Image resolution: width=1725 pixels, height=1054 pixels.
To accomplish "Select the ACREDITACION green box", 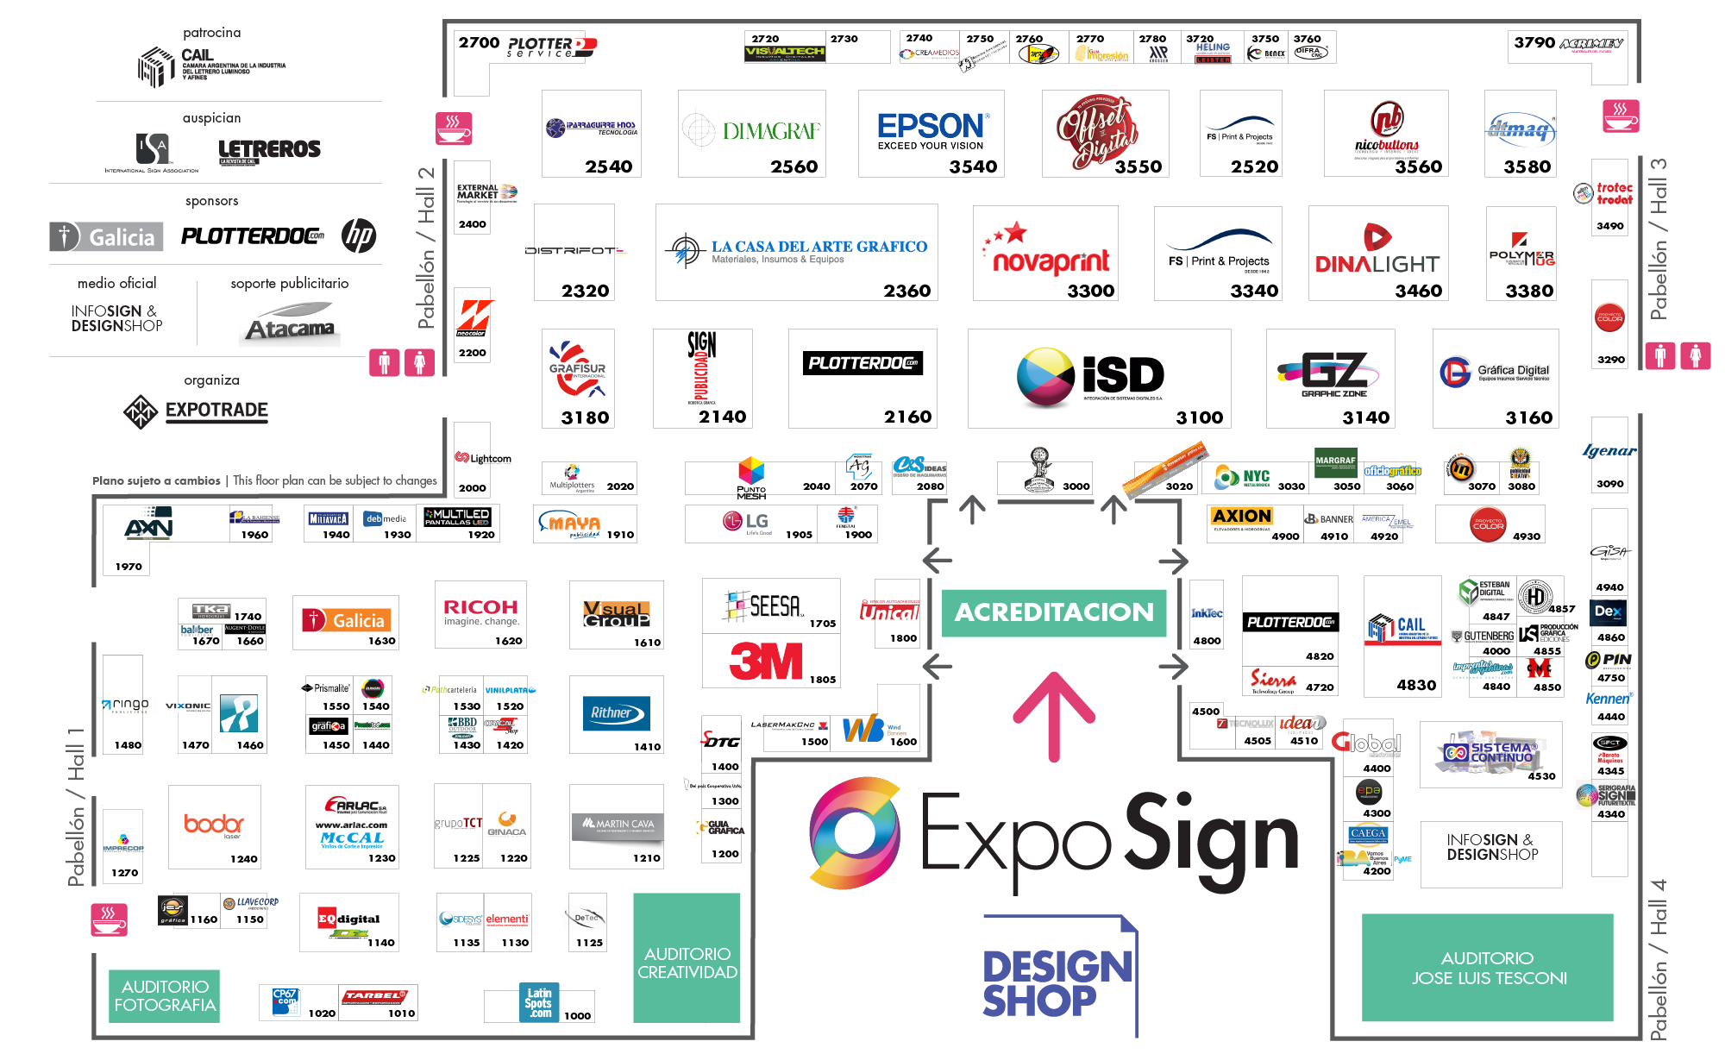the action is [1053, 612].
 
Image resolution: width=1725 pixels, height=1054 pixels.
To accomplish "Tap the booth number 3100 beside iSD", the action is [1199, 417].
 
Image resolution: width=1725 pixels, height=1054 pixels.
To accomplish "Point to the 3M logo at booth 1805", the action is [766, 662].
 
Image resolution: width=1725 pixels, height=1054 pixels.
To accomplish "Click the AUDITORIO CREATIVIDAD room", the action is [687, 962].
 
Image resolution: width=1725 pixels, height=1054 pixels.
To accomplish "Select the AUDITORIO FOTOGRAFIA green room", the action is [165, 995].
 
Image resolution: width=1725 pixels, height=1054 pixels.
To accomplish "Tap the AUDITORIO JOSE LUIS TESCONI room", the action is [1488, 968].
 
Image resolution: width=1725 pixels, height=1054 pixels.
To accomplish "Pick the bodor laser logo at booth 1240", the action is [214, 825].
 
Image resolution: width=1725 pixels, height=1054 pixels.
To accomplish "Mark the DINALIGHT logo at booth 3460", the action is [1377, 253].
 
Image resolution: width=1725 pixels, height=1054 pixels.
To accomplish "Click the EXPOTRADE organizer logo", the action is [197, 411].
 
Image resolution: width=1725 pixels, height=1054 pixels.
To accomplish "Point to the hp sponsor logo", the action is [359, 235].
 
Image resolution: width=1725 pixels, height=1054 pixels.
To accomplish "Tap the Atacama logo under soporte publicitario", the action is [290, 323].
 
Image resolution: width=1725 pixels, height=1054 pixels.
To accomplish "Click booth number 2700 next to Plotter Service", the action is [479, 42].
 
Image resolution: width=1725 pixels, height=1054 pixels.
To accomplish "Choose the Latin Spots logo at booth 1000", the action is [539, 1003].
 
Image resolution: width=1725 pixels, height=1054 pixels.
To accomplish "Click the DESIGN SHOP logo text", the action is [1057, 983].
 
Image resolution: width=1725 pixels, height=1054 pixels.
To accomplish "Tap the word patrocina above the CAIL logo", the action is [211, 33].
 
